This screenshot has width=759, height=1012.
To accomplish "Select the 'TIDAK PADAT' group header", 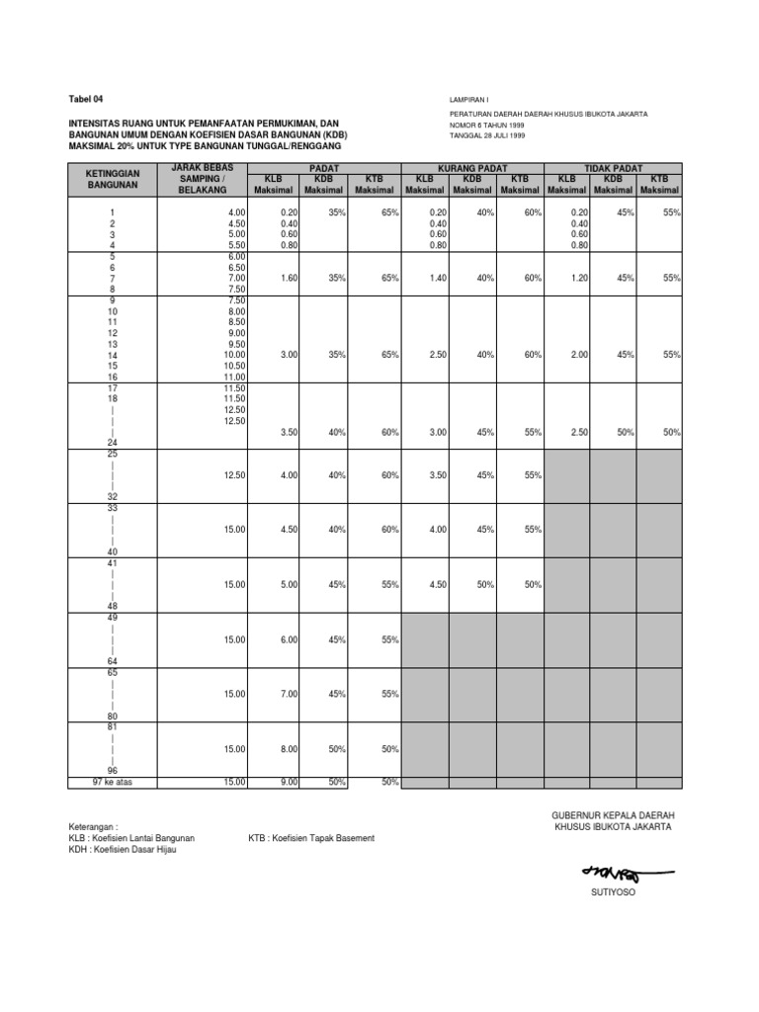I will [613, 169].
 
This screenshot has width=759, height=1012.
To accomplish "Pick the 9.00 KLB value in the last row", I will [288, 783].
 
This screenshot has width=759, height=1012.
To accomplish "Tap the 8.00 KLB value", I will [288, 748].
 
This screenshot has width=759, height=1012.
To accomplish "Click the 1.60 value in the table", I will [289, 279].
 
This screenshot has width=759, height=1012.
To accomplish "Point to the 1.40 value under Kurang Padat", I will [438, 279].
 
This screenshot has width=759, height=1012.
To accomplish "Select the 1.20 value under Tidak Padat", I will [579, 279].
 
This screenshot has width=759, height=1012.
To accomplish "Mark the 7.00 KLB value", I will [288, 694].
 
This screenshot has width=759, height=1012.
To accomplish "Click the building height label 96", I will [113, 771].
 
